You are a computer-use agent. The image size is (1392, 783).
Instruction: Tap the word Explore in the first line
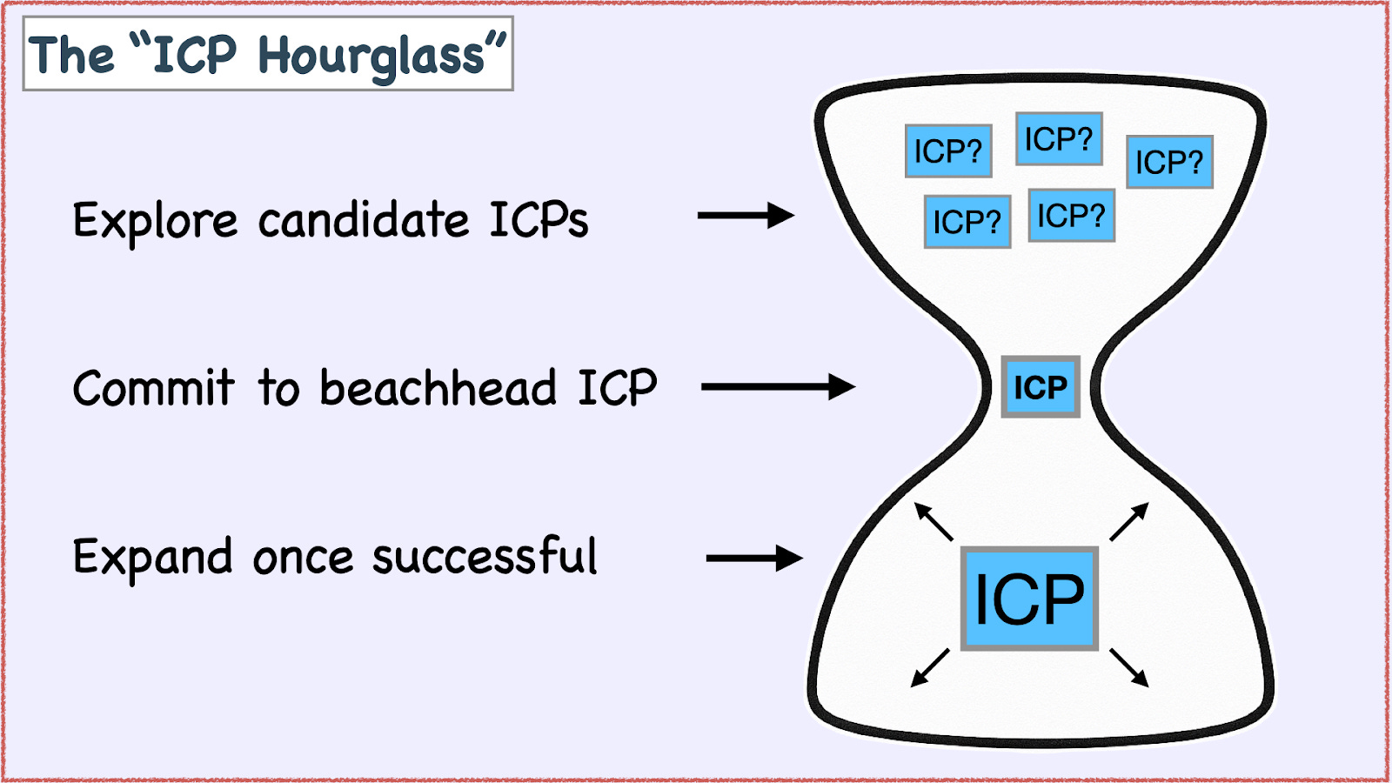click(x=154, y=220)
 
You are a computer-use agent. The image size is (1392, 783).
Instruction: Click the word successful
click(x=485, y=557)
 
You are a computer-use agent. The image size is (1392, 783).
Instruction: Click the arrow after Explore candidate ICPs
click(x=746, y=215)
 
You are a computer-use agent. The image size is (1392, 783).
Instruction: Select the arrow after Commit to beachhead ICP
click(x=778, y=386)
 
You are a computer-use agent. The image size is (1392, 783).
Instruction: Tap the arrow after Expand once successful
click(x=753, y=558)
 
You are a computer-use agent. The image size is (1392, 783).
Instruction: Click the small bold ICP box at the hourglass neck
click(x=1041, y=387)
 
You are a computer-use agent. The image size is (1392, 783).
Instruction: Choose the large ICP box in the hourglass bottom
click(x=1029, y=599)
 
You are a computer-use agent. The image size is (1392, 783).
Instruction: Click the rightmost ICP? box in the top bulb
click(x=1169, y=162)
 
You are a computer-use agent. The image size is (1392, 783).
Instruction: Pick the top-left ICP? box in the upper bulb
click(x=948, y=151)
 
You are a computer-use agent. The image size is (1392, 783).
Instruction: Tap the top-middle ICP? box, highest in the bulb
click(x=1059, y=139)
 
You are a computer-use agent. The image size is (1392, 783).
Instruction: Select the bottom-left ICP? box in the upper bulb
click(x=967, y=222)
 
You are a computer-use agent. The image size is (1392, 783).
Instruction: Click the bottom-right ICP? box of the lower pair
click(x=1071, y=215)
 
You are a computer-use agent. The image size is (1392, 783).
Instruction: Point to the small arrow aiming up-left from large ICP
click(x=934, y=521)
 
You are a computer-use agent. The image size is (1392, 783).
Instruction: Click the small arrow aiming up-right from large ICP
click(x=1129, y=521)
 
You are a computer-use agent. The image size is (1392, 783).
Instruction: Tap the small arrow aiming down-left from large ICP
click(x=930, y=668)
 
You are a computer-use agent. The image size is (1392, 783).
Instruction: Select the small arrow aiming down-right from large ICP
click(x=1129, y=668)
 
